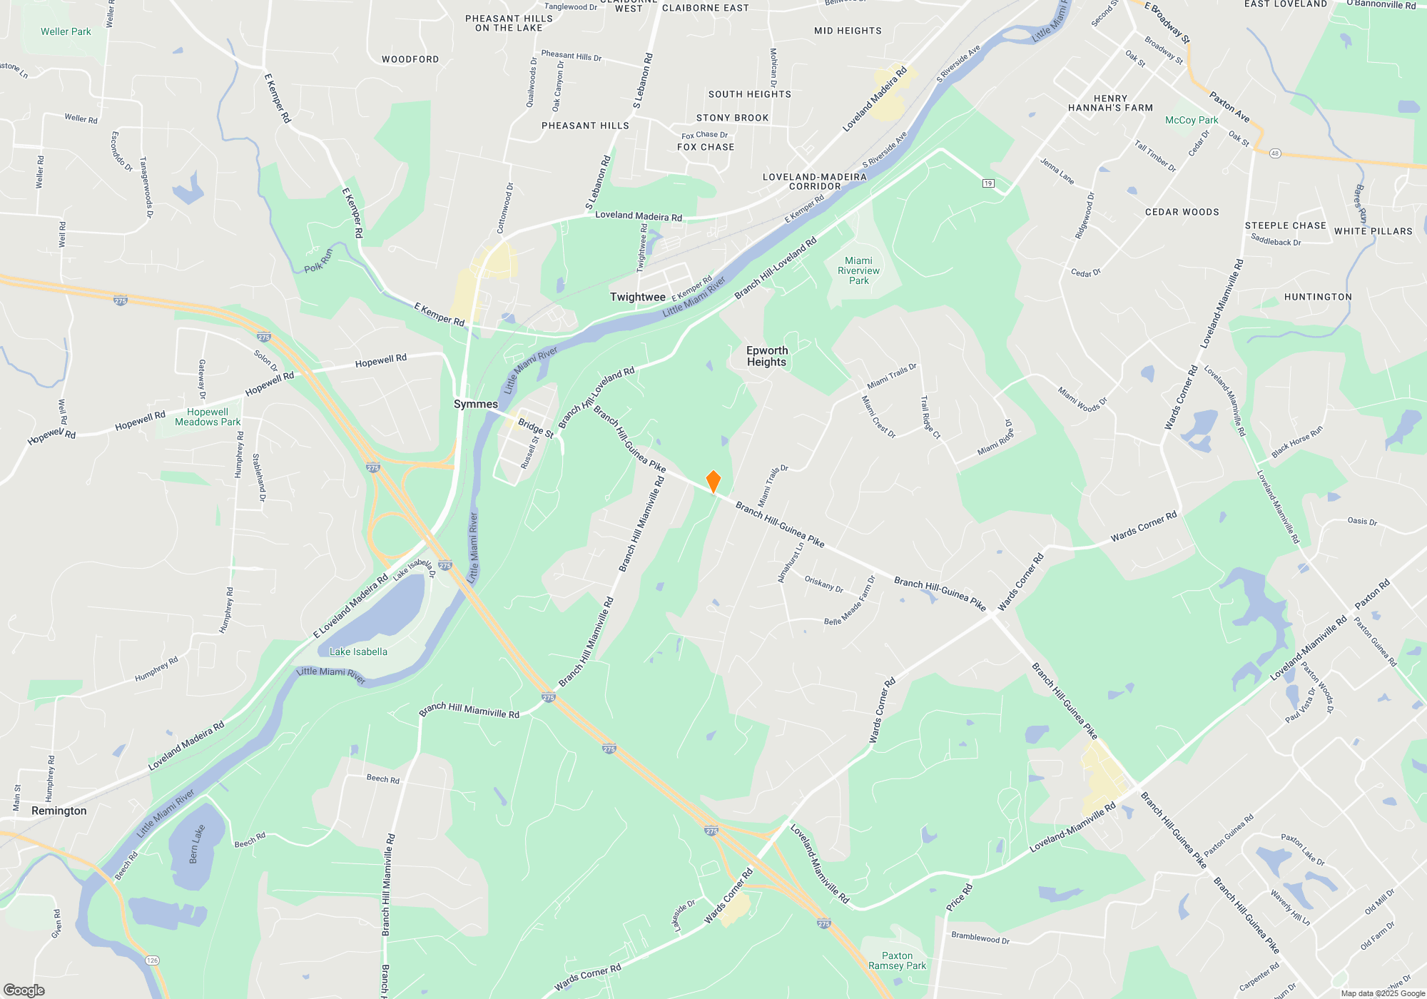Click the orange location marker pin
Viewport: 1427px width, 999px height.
pos(713,482)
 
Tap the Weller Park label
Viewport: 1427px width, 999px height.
pos(66,31)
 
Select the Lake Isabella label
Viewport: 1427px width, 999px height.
pos(358,651)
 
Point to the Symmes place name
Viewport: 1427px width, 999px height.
pos(476,404)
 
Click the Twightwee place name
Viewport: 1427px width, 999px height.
pos(637,297)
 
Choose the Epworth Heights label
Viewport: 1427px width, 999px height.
pos(767,356)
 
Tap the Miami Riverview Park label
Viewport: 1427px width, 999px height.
pos(859,270)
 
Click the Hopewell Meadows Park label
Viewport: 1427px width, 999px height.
pos(208,417)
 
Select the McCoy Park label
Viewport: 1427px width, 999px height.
pos(1192,120)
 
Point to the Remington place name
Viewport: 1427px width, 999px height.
pos(59,811)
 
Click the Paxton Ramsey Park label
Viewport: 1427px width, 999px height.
pos(897,960)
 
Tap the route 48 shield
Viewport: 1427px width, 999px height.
pos(1275,153)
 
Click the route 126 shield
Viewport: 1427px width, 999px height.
pos(152,960)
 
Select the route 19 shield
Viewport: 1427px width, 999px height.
pos(988,183)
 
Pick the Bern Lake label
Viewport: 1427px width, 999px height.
pos(197,844)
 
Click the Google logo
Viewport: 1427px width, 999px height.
pos(24,990)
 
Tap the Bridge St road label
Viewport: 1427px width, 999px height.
pos(536,428)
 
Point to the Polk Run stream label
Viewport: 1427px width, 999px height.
pos(318,262)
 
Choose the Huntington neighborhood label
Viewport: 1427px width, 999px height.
pos(1318,297)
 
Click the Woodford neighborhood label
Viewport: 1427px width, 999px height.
pos(410,59)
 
